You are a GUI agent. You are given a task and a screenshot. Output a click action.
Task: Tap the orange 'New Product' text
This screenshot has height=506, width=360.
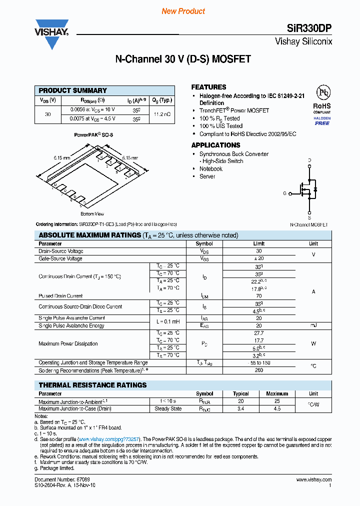click(x=183, y=11)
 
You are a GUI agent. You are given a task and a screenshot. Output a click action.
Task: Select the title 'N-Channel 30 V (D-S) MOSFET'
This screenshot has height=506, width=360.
click(x=183, y=59)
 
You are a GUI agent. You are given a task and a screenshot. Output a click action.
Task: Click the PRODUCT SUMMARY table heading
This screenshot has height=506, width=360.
click(x=72, y=90)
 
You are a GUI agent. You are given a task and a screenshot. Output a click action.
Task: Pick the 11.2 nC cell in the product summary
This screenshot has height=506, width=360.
click(x=162, y=114)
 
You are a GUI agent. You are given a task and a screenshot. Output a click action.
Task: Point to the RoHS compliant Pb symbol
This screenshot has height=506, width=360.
click(x=322, y=93)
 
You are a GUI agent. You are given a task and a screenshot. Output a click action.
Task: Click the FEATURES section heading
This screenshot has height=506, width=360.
click(x=208, y=87)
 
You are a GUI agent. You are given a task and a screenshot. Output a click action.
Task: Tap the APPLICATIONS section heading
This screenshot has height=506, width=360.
click(x=215, y=145)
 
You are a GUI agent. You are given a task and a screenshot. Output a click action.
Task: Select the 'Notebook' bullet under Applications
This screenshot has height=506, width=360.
click(x=210, y=169)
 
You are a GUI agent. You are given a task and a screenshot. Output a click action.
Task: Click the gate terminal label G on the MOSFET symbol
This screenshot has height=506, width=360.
click(x=284, y=193)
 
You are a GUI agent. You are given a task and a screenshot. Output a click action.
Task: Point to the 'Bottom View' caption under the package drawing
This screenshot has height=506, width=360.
click(x=92, y=214)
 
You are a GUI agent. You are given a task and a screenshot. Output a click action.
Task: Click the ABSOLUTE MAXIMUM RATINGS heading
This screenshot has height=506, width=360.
click(x=89, y=235)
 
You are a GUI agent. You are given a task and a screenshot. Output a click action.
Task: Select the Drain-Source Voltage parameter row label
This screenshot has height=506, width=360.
click(x=61, y=251)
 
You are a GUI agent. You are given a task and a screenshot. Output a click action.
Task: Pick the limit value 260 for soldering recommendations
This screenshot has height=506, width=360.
click(x=258, y=370)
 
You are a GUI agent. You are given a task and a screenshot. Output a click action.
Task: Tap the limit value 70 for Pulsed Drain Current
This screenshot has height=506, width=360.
click(x=258, y=296)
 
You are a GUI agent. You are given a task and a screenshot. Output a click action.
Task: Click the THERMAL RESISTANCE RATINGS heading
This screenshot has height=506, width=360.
click(x=92, y=385)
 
